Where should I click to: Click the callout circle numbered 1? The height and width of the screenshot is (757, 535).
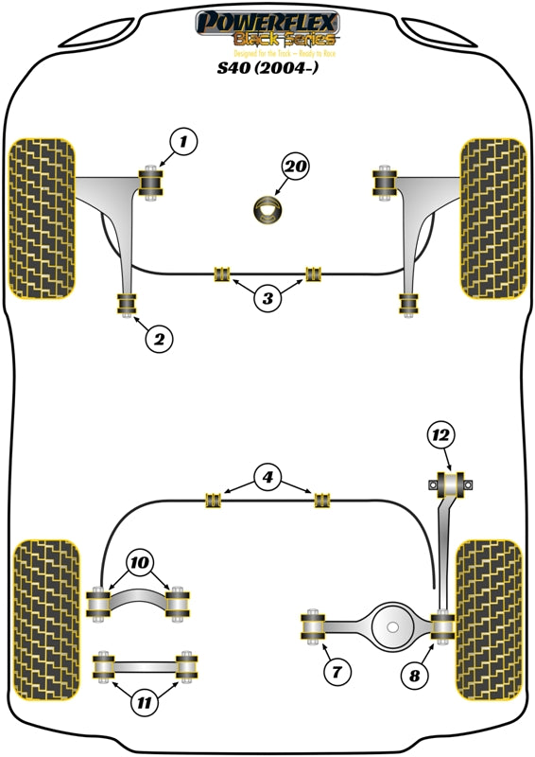click(183, 143)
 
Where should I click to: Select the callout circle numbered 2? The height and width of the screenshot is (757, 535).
click(159, 338)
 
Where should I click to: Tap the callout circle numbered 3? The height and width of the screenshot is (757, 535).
click(268, 299)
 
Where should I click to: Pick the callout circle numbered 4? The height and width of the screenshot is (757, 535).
click(268, 479)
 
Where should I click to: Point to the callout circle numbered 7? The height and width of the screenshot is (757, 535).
click(336, 673)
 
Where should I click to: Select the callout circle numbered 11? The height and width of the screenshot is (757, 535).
click(143, 702)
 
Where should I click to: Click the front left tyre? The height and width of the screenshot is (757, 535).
click(42, 218)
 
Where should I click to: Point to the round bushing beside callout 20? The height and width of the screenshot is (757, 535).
click(268, 210)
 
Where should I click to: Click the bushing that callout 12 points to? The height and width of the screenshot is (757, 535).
click(451, 484)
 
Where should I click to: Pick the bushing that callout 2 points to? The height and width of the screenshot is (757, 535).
click(127, 305)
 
